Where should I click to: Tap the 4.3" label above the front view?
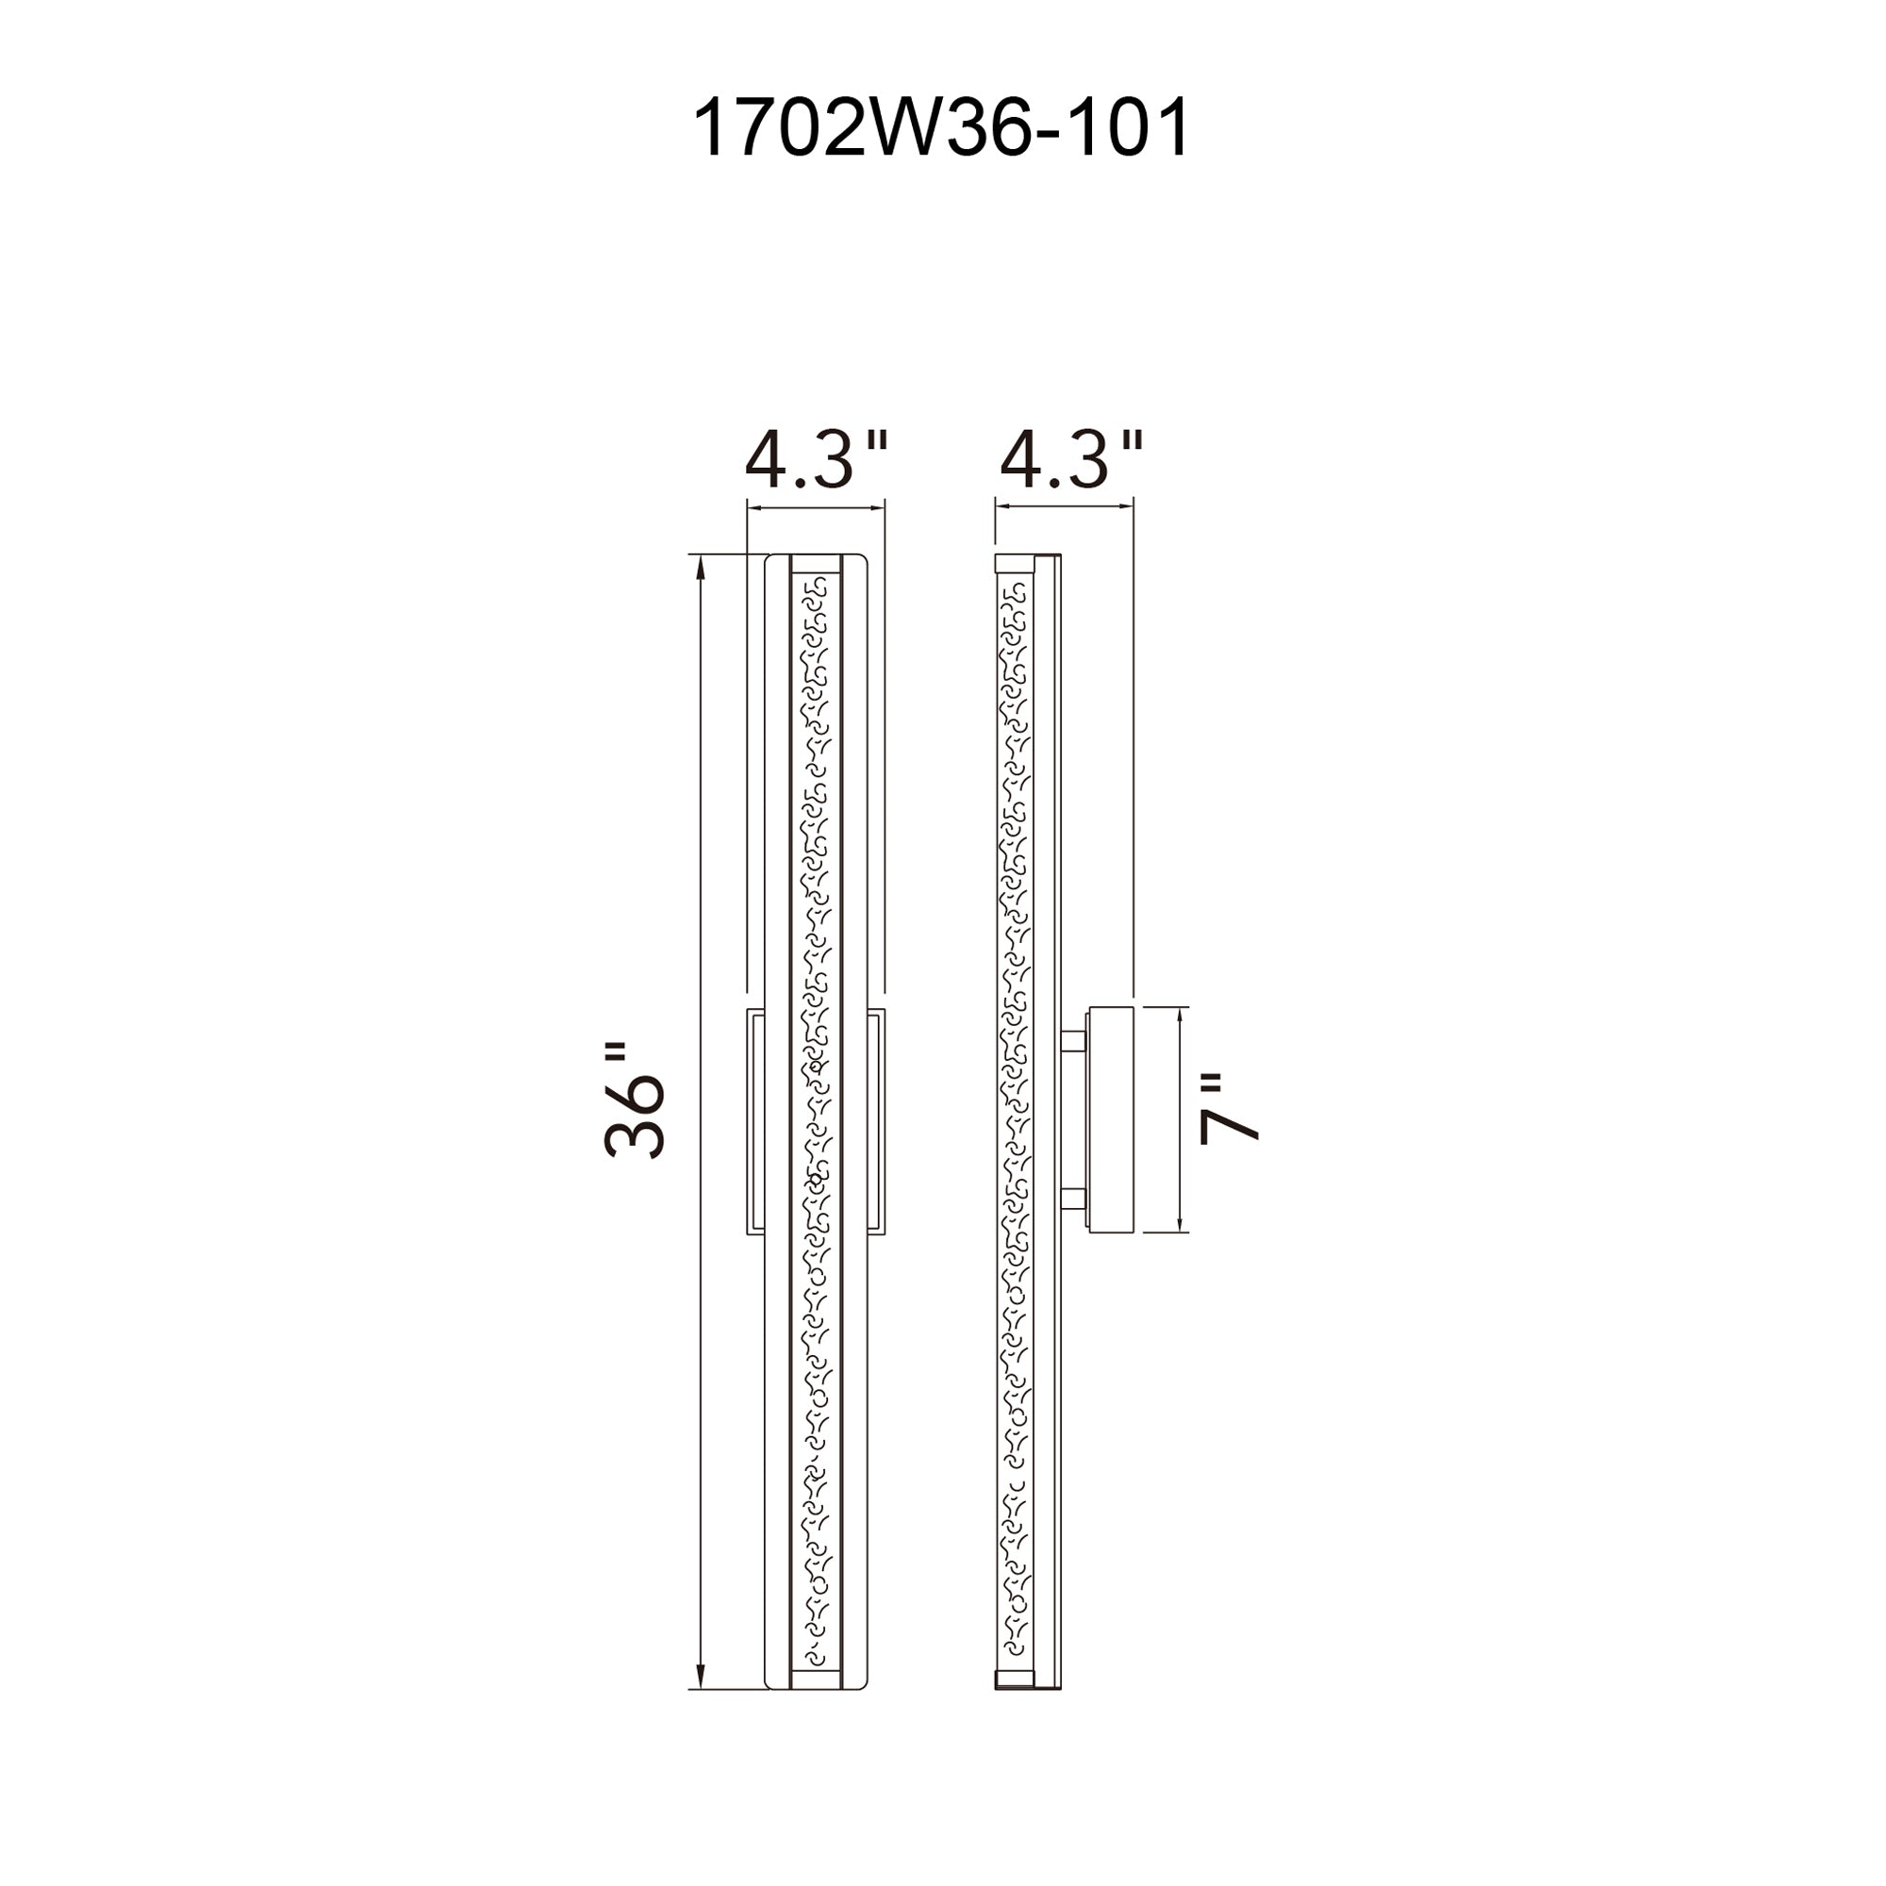click(815, 461)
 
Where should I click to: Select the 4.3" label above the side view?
click(1071, 461)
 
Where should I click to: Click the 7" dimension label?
click(1228, 1110)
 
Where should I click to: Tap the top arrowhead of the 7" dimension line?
click(1182, 1017)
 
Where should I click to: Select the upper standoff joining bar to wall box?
click(1074, 1043)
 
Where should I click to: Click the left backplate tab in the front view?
click(754, 1120)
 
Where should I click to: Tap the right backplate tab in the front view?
click(876, 1120)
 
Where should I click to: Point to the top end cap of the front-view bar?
click(815, 563)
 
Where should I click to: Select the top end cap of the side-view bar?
click(1015, 563)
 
